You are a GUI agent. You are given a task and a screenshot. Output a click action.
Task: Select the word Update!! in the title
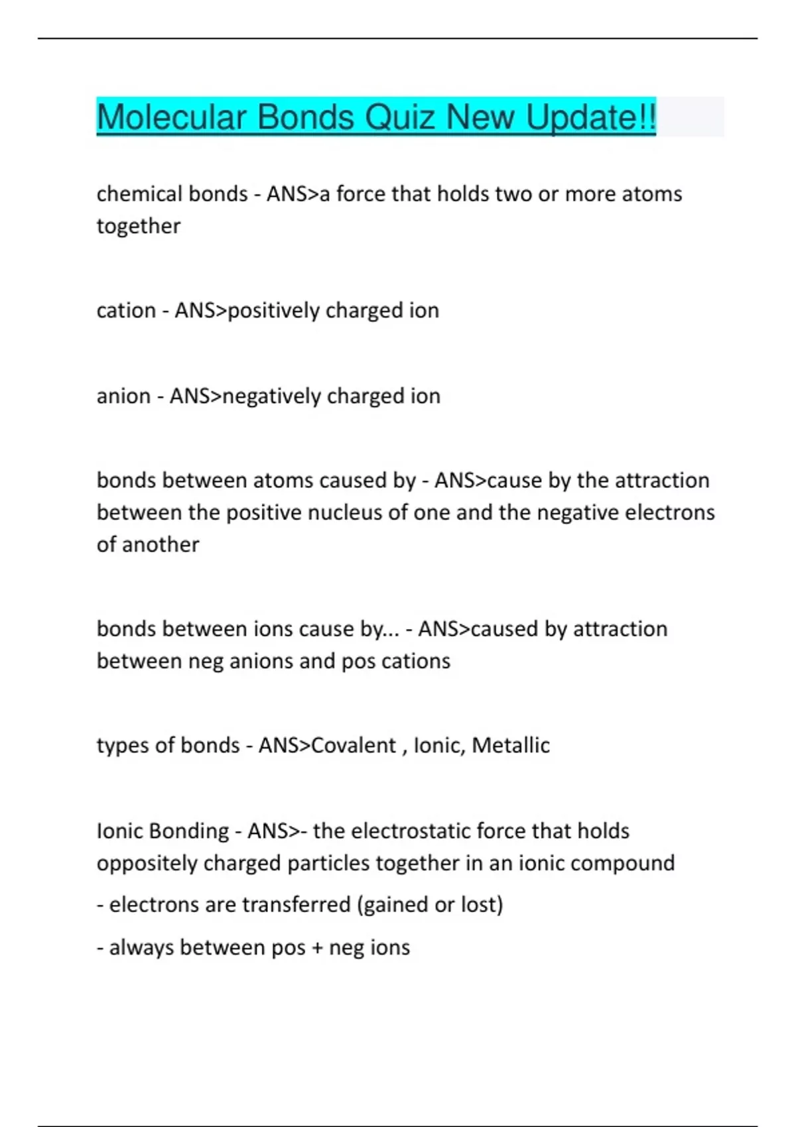click(590, 117)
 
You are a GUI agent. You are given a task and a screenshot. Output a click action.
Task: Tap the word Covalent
click(354, 746)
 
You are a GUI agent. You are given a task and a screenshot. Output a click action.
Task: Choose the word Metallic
click(511, 746)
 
